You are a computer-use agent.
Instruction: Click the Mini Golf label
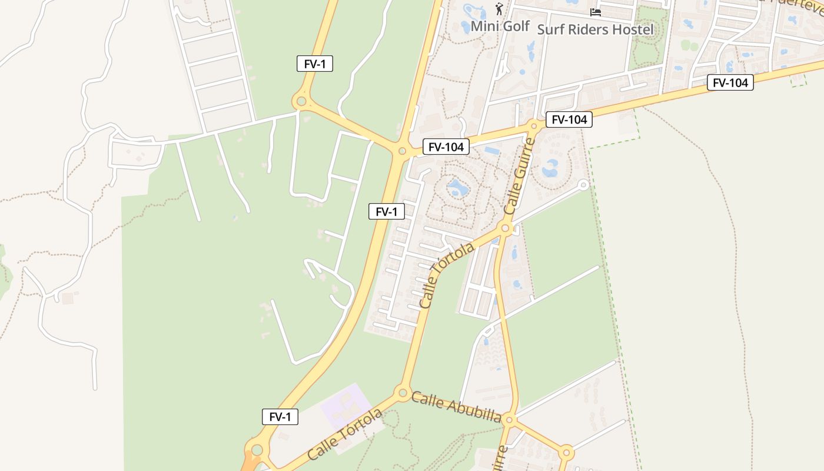point(500,26)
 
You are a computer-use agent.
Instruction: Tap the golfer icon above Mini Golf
point(499,9)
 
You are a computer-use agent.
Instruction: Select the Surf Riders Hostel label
point(595,29)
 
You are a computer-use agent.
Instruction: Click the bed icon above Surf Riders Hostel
point(596,12)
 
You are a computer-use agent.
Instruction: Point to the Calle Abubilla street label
point(456,407)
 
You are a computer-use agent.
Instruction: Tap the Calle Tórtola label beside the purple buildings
point(344,434)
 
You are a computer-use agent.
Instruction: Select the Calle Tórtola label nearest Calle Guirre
point(447,276)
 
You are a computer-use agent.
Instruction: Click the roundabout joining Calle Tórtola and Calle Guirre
point(504,228)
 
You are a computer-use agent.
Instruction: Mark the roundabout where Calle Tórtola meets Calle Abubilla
point(403,392)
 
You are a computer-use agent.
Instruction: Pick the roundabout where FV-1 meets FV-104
point(402,151)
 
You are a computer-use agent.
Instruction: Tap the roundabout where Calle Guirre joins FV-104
point(534,125)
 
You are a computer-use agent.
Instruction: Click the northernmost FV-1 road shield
point(315,64)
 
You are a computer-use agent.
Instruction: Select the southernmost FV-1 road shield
point(280,417)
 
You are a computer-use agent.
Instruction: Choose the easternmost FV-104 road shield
point(730,82)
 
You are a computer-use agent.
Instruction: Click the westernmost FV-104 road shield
point(446,147)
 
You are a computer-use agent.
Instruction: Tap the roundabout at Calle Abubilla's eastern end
point(510,420)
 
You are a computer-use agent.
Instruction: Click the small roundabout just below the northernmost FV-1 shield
point(301,101)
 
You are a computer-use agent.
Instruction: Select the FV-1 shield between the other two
point(387,211)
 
